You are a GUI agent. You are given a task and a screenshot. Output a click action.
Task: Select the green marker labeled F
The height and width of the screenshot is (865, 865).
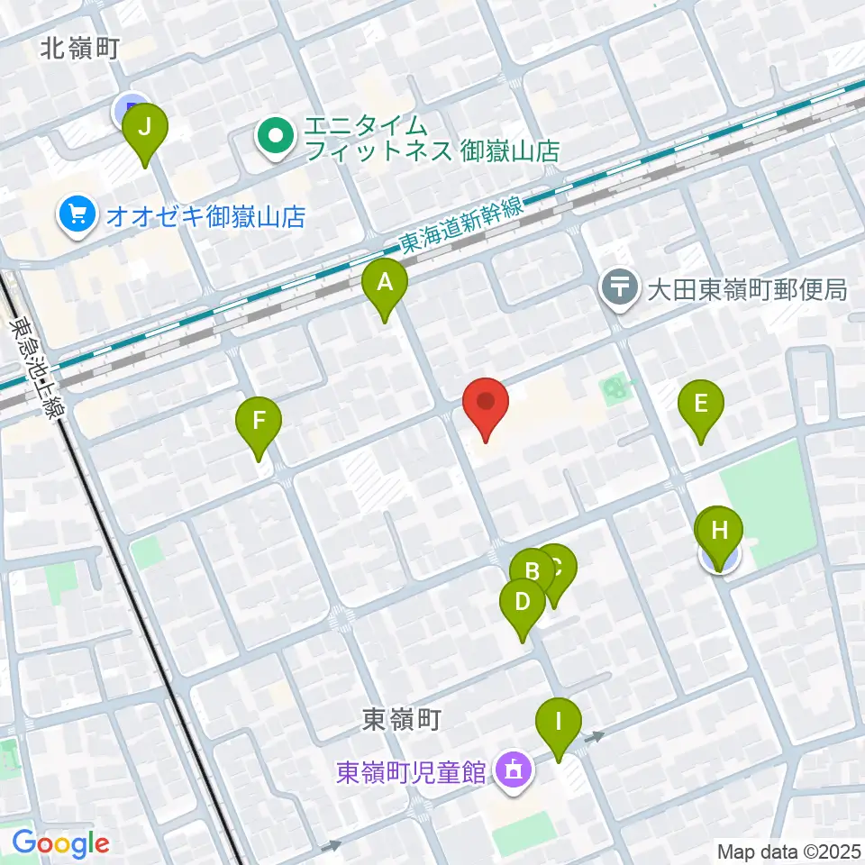point(259,423)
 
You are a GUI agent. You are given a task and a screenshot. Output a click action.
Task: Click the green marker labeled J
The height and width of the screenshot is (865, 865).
point(145,132)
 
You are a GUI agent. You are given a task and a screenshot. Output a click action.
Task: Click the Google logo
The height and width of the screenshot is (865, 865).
point(60,844)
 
